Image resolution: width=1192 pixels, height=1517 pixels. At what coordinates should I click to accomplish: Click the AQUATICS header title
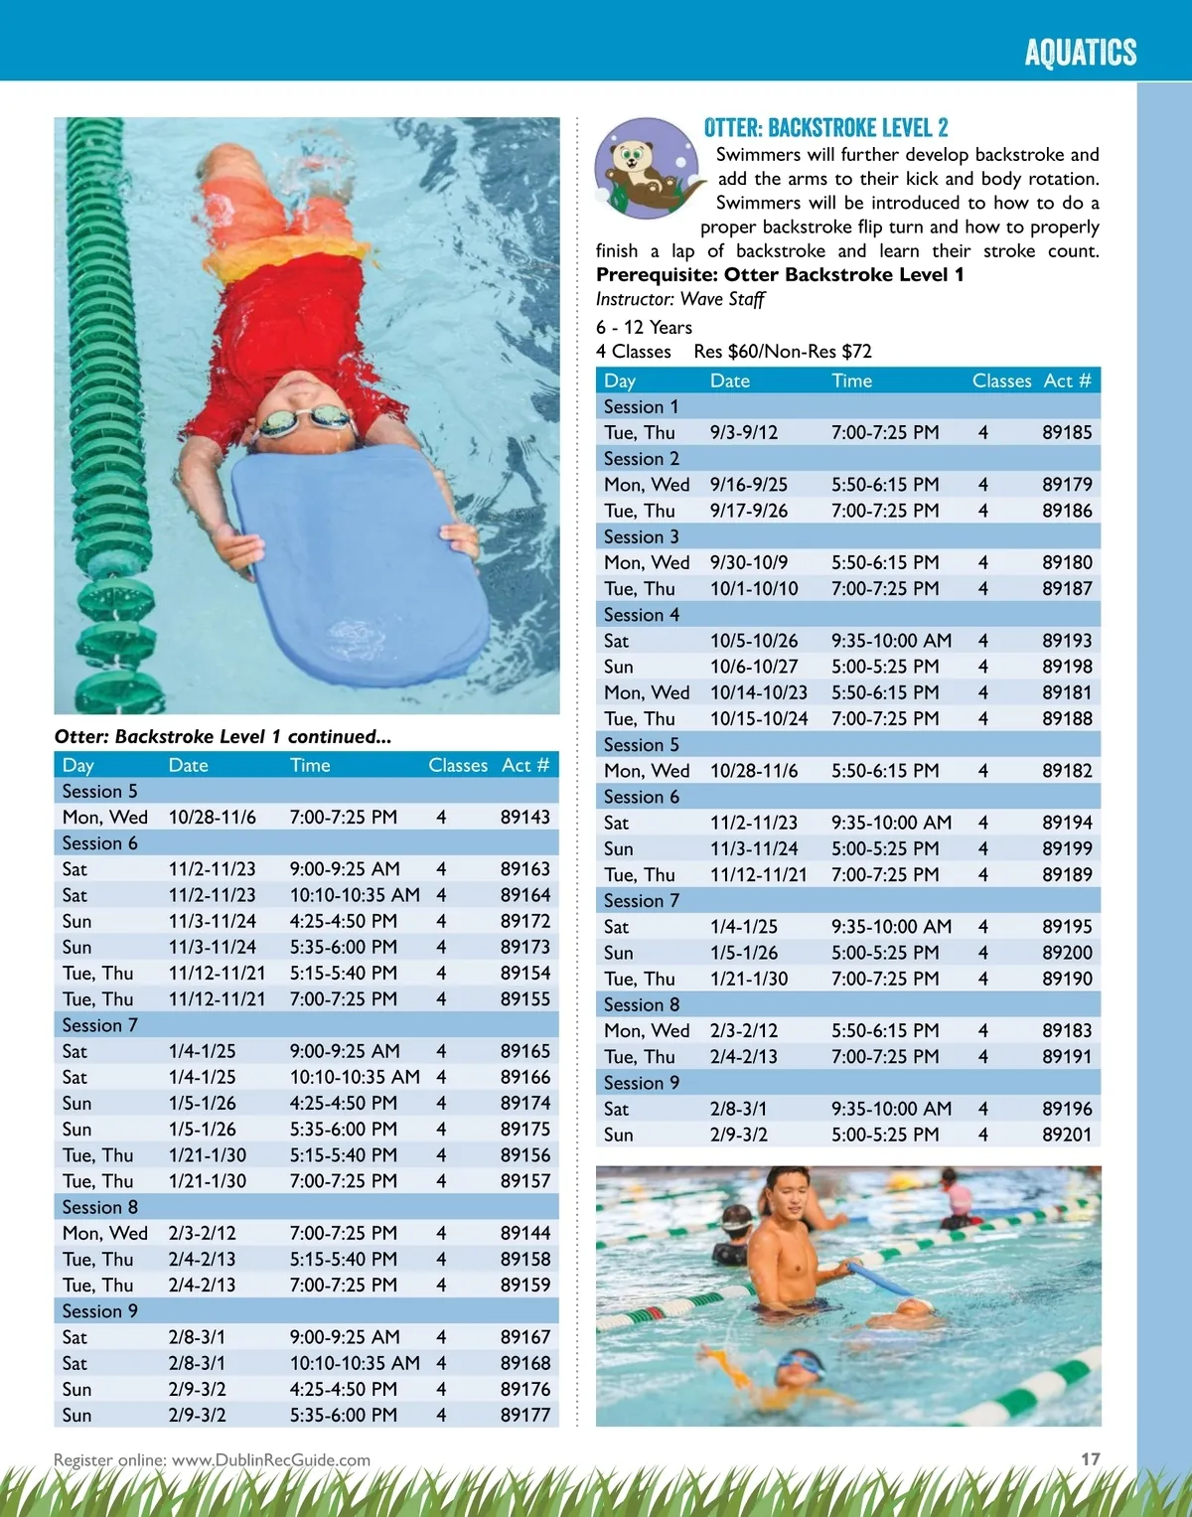coord(1080,52)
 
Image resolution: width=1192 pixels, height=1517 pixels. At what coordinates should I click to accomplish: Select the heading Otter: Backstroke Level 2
coord(825,128)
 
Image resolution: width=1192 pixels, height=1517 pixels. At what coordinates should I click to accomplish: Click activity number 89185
coord(1066,433)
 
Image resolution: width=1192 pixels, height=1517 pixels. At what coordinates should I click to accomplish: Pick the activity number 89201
coord(1066,1135)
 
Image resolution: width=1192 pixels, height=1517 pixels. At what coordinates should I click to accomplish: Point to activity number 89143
coord(524,817)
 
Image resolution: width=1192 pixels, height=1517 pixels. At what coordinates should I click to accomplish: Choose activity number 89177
coord(524,1415)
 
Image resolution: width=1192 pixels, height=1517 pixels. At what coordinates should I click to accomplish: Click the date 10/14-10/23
coord(758,692)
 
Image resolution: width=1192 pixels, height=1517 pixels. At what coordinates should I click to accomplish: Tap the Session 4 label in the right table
coord(642,615)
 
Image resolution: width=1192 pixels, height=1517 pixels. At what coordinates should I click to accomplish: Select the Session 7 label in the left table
coord(99,1025)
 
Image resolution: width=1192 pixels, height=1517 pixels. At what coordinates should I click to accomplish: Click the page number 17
coord(1090,1458)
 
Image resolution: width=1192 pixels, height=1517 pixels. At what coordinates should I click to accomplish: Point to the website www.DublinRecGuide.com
coord(270,1460)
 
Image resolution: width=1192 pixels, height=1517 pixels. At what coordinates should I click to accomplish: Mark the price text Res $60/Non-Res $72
coord(782,352)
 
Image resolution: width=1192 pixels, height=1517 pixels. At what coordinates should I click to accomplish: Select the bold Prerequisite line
coord(779,275)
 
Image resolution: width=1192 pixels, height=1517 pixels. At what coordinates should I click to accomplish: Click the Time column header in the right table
coord(851,380)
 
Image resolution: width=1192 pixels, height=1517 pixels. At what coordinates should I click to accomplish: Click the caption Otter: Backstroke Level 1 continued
coord(223,737)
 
